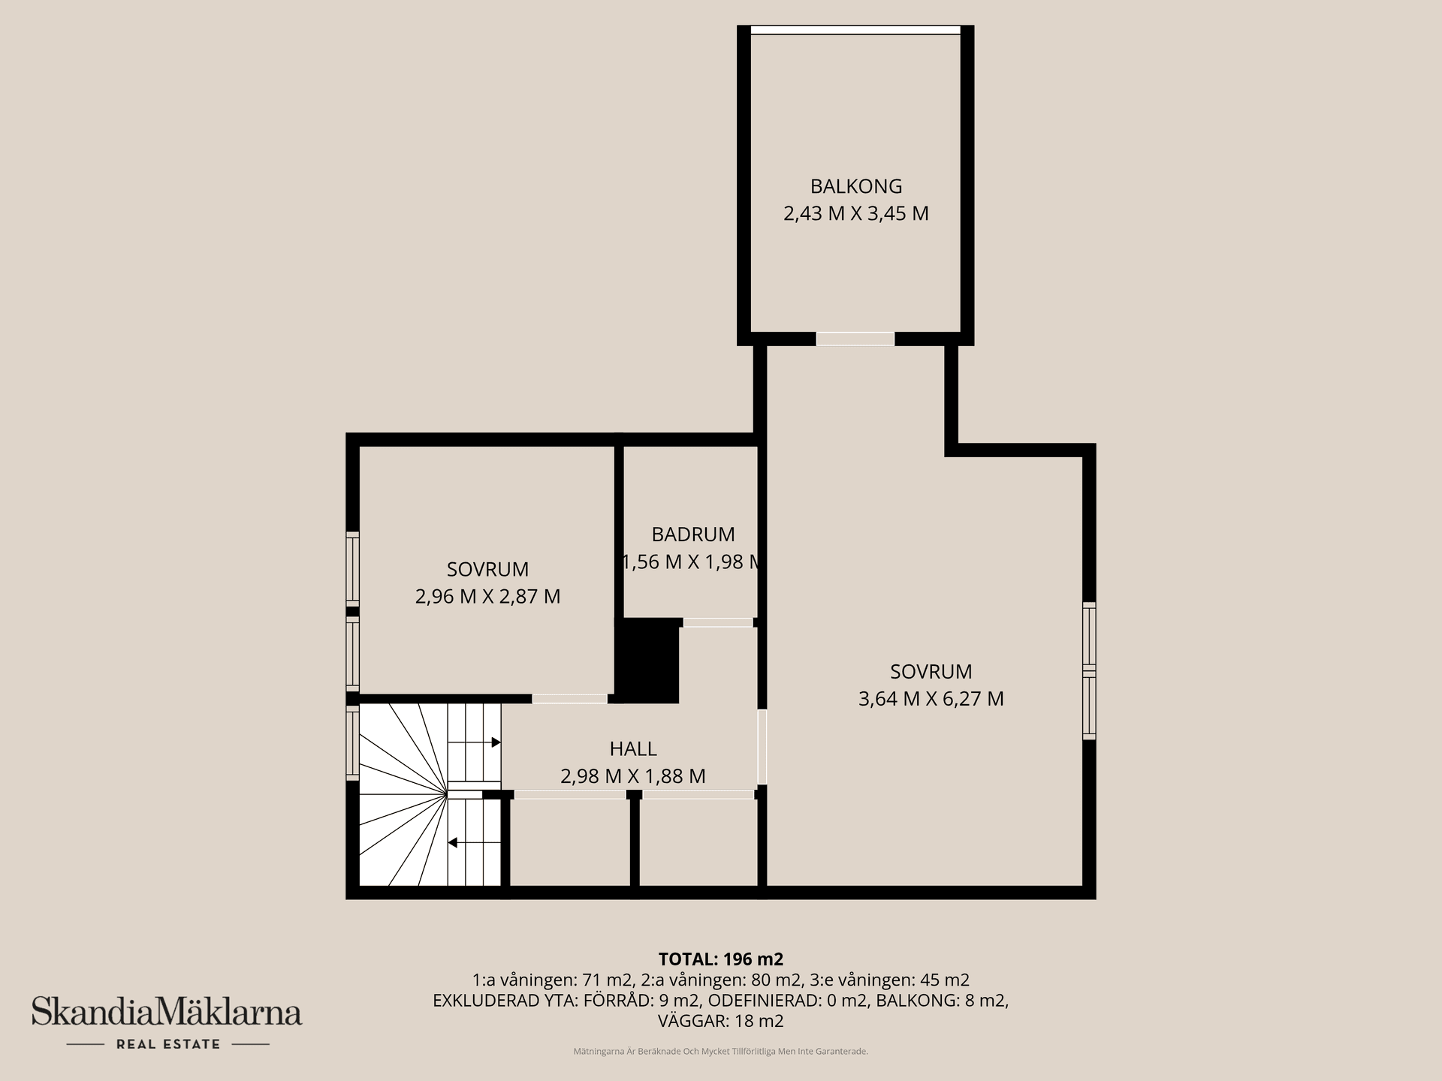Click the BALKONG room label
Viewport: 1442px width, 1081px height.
pyautogui.click(x=856, y=186)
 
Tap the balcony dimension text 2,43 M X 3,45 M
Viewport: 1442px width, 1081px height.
pyautogui.click(x=856, y=214)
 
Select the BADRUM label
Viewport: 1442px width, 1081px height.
pyautogui.click(x=693, y=534)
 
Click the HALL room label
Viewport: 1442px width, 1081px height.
pyautogui.click(x=633, y=748)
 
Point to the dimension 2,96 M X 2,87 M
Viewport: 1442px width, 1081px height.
pyautogui.click(x=488, y=597)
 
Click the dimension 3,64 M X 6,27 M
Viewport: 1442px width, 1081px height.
pyautogui.click(x=931, y=699)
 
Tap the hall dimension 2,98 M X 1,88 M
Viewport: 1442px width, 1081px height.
pyautogui.click(x=633, y=776)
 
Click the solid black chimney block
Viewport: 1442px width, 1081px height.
pyautogui.click(x=647, y=661)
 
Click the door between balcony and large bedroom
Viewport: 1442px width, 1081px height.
pyautogui.click(x=855, y=339)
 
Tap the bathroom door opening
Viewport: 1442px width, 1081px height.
pyautogui.click(x=718, y=622)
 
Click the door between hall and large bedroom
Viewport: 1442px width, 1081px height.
pyautogui.click(x=762, y=748)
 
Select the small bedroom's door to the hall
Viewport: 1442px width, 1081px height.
pyautogui.click(x=570, y=699)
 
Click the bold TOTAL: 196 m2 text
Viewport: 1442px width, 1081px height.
pyautogui.click(x=721, y=959)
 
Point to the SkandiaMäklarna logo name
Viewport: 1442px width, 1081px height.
pyautogui.click(x=167, y=1012)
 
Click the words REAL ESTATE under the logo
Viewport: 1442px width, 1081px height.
pyautogui.click(x=168, y=1044)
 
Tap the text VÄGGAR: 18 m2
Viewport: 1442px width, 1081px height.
pyautogui.click(x=721, y=1021)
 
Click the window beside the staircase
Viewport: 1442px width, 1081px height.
pyautogui.click(x=352, y=743)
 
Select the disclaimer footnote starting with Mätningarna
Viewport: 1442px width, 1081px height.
pyautogui.click(x=721, y=1052)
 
